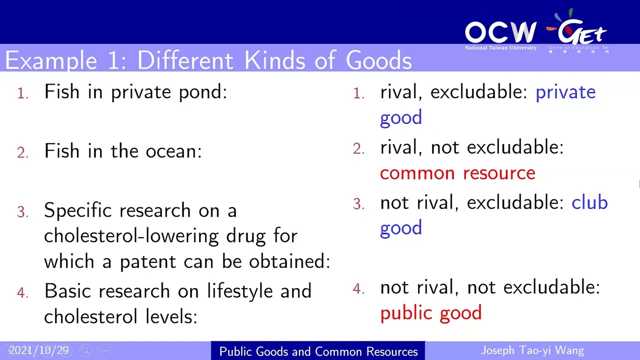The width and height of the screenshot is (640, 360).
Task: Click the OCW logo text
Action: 500,32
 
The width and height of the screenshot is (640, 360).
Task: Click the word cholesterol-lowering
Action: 131,235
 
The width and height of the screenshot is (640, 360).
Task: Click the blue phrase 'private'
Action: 565,92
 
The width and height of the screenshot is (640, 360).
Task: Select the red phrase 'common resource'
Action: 457,173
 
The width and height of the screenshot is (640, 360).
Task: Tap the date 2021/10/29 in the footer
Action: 38,350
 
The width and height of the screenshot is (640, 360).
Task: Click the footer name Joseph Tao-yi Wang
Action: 532,350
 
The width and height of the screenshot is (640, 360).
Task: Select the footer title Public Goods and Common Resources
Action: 318,351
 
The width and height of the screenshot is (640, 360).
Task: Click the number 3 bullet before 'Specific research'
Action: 22,212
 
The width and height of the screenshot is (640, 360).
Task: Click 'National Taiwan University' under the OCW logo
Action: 500,48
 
